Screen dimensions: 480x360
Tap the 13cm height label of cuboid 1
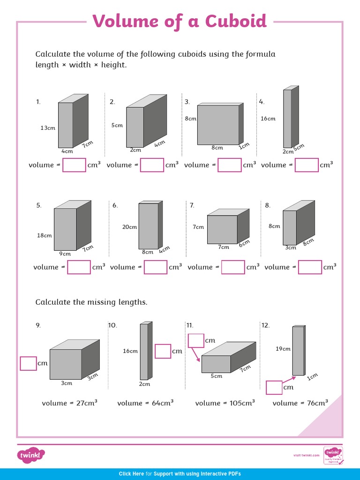pos(48,127)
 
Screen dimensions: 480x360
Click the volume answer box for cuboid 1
pos(74,165)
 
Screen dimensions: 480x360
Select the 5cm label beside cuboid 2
pos(117,125)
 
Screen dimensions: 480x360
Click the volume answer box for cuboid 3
pos(230,165)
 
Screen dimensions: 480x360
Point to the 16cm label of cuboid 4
pos(268,119)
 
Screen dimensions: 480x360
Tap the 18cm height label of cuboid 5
pos(45,235)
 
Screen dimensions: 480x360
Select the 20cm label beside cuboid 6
pos(129,227)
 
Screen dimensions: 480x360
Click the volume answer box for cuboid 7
pos(233,267)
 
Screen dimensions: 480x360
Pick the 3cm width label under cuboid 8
pos(291,247)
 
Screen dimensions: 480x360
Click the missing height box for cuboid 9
pos(29,363)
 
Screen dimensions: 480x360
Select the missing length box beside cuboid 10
pos(163,351)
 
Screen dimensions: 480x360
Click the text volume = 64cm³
pos(145,403)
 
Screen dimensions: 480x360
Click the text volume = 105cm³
pos(225,403)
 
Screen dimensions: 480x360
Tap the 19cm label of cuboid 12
pos(283,349)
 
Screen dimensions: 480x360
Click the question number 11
pos(190,325)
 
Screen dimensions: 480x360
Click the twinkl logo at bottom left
pos(31,455)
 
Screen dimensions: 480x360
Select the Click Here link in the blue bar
pos(131,474)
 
